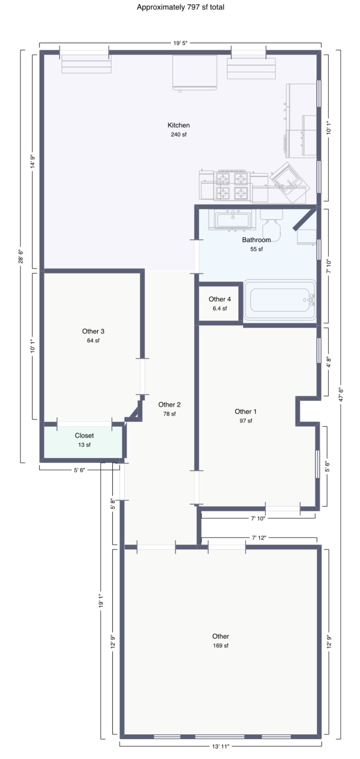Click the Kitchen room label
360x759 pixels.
pyautogui.click(x=178, y=125)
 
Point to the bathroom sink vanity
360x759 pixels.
pyautogui.click(x=232, y=220)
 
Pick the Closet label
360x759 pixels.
pyautogui.click(x=84, y=436)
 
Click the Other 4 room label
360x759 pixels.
pyautogui.click(x=220, y=299)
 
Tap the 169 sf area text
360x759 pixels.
pyautogui.click(x=221, y=645)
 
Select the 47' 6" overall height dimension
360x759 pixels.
pyautogui.click(x=340, y=395)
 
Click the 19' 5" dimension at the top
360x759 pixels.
pyautogui.click(x=180, y=43)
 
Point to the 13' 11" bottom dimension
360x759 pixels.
pyautogui.click(x=221, y=746)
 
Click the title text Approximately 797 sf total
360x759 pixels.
pyautogui.click(x=180, y=7)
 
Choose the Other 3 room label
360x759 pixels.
pyautogui.click(x=93, y=331)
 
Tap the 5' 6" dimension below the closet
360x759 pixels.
pyautogui.click(x=79, y=470)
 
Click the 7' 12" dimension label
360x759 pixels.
pyautogui.click(x=259, y=538)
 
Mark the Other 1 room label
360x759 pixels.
pyautogui.click(x=246, y=412)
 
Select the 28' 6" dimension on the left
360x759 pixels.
pyautogui.click(x=21, y=256)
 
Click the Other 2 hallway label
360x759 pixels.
pyautogui.click(x=170, y=405)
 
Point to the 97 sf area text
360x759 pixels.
pyautogui.click(x=246, y=421)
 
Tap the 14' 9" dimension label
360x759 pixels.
pyautogui.click(x=33, y=162)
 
